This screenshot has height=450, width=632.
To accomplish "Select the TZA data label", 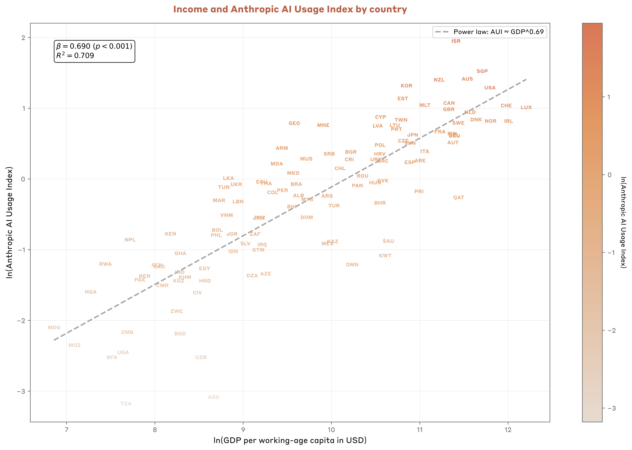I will (126, 404).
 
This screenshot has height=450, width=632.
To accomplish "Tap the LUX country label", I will (526, 108).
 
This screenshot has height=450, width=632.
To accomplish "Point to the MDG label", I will (54, 328).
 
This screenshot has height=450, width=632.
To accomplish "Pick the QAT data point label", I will (458, 198).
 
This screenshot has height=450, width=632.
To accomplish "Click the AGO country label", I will (213, 397).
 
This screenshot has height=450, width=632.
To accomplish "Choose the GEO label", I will (294, 123).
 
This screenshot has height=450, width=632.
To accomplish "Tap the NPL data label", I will (130, 240).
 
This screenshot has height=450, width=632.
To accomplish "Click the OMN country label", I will (352, 265).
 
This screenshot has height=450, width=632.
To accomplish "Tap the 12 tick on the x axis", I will (508, 430).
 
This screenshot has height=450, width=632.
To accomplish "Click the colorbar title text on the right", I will (623, 223).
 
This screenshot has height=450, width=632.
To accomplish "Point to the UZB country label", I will (201, 357).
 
